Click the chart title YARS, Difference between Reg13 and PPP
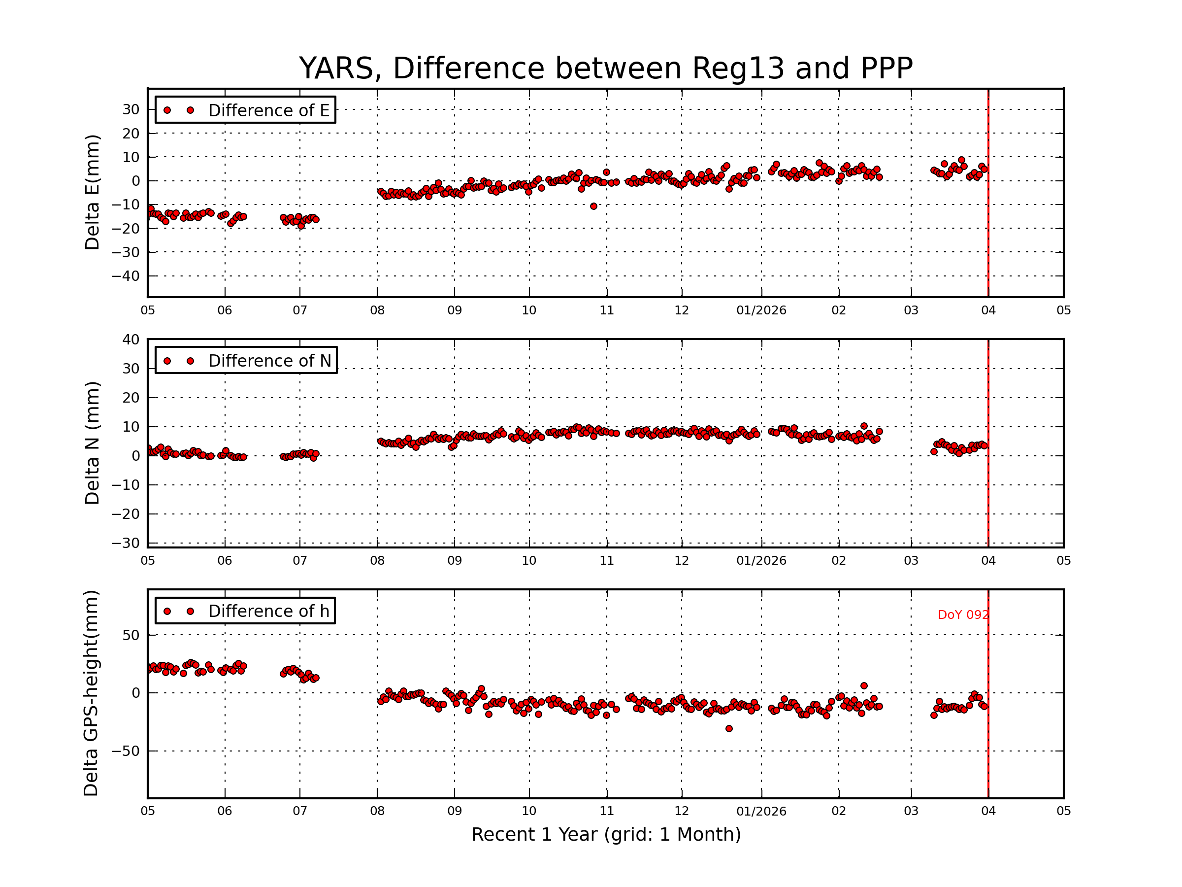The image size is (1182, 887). pyautogui.click(x=605, y=68)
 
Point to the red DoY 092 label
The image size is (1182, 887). pyautogui.click(x=962, y=615)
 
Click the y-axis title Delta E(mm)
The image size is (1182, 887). pyautogui.click(x=92, y=193)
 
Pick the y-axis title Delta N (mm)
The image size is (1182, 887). pyautogui.click(x=92, y=443)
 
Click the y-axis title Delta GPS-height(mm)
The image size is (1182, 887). pyautogui.click(x=91, y=693)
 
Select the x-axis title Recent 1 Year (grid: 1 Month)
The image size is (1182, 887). pyautogui.click(x=606, y=835)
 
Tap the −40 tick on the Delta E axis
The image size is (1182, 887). pyautogui.click(x=125, y=276)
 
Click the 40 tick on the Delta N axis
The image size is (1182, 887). pyautogui.click(x=131, y=340)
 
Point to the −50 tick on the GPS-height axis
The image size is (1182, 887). pyautogui.click(x=125, y=751)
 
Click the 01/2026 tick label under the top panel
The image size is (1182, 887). pyautogui.click(x=761, y=310)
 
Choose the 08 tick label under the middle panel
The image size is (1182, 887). pyautogui.click(x=377, y=561)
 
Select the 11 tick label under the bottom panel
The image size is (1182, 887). pyautogui.click(x=606, y=811)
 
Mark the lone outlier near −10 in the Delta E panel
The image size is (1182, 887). pyautogui.click(x=593, y=206)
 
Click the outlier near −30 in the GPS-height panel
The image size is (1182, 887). pyautogui.click(x=729, y=729)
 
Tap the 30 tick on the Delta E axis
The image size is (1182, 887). pyautogui.click(x=131, y=109)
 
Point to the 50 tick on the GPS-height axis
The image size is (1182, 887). pyautogui.click(x=131, y=635)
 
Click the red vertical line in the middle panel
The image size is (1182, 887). pyautogui.click(x=988, y=444)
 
